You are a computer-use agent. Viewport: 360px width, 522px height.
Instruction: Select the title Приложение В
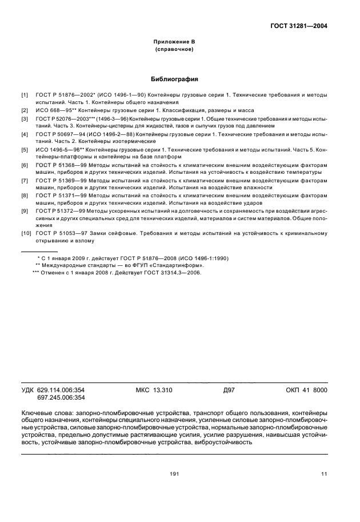[x=174, y=42]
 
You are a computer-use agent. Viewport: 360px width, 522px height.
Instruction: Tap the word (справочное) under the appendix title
[x=174, y=50]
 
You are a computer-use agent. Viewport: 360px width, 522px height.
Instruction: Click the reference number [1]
[x=25, y=94]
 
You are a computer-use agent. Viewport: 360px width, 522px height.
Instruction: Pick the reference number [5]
[x=25, y=150]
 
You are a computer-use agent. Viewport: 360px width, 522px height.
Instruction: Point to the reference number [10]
[x=26, y=233]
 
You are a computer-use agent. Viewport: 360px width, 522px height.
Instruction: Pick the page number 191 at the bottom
[x=175, y=473]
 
